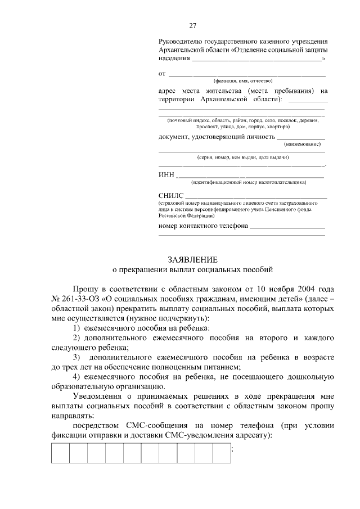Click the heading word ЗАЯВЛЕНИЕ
[x=192, y=259]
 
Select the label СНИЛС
[x=171, y=195]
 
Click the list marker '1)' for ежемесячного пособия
[x=76, y=328]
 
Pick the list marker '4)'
[x=76, y=377]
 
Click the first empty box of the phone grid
[x=60, y=453]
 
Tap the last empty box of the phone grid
[x=222, y=453]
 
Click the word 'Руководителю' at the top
[x=179, y=42]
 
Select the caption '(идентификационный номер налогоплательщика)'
[x=249, y=182]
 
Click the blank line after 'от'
[x=247, y=74]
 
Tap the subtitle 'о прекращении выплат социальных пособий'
[x=192, y=269]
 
